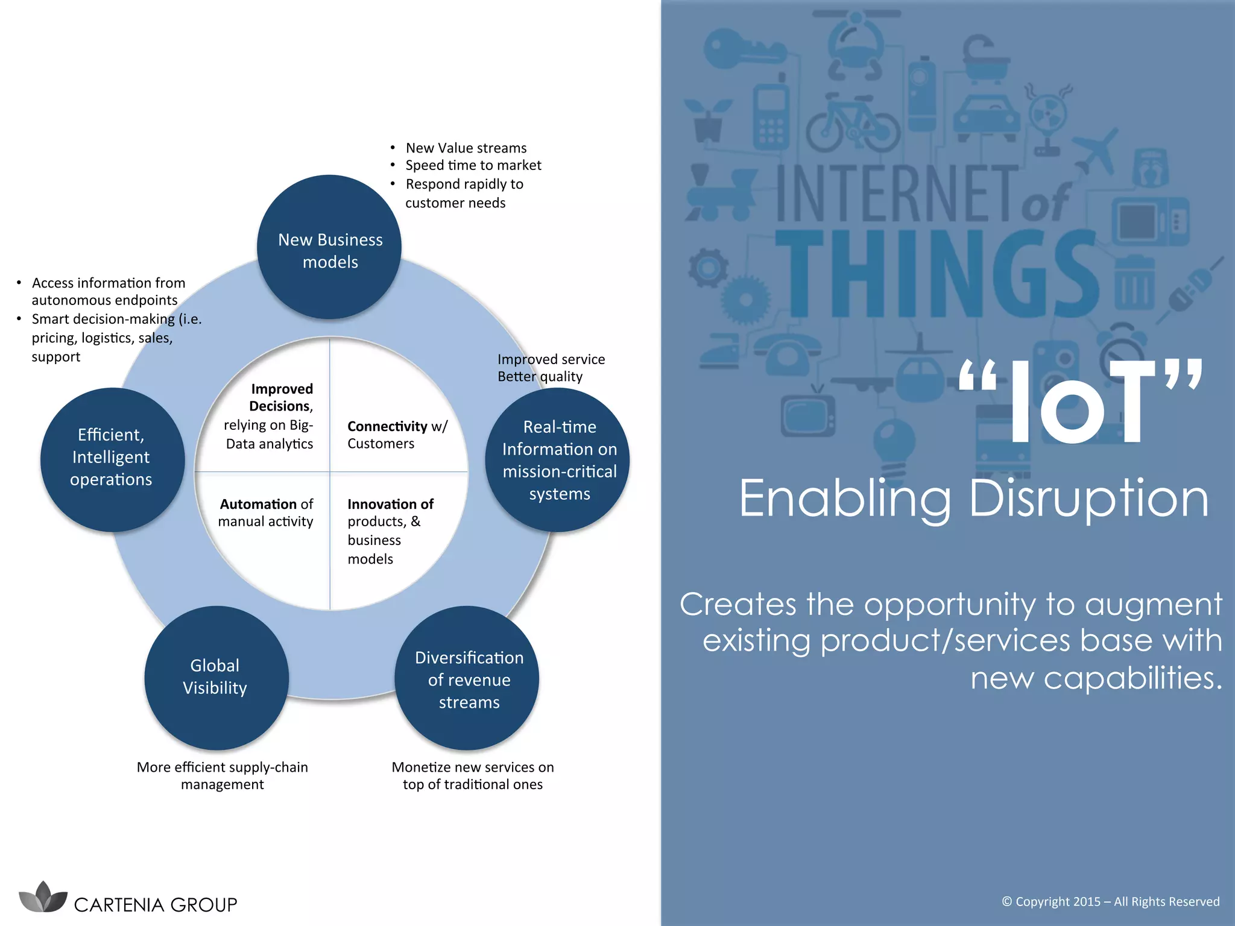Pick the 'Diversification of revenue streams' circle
tap(467, 679)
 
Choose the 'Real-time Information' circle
tap(558, 460)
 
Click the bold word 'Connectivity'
tap(387, 426)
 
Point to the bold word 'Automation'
tap(258, 504)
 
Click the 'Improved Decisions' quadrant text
tap(281, 397)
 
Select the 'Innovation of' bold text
tap(390, 504)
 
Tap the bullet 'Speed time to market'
tap(473, 165)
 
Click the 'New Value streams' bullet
tap(466, 148)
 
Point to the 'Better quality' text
tap(540, 377)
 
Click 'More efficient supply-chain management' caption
tap(222, 775)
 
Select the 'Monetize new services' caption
tap(472, 775)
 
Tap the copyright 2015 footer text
tap(1110, 901)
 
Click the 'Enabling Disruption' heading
tap(973, 498)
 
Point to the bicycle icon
tap(852, 124)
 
